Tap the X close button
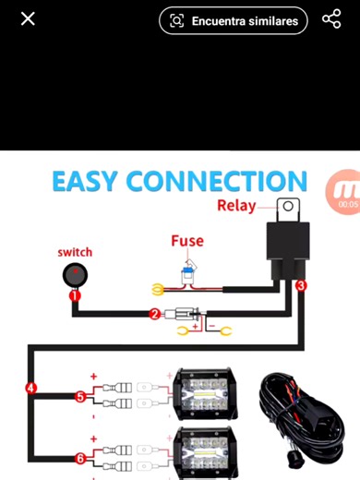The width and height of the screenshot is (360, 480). pyautogui.click(x=28, y=18)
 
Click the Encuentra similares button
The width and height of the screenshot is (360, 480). pyautogui.click(x=234, y=20)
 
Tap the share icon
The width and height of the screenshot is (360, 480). pyautogui.click(x=331, y=18)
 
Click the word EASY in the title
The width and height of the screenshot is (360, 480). pyautogui.click(x=85, y=181)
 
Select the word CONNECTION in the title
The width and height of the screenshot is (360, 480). pyautogui.click(x=217, y=181)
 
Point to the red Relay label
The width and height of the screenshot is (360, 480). pyautogui.click(x=236, y=206)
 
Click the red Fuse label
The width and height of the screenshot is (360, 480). pyautogui.click(x=187, y=241)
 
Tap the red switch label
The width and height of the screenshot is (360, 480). pyautogui.click(x=75, y=252)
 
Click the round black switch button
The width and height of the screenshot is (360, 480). pyautogui.click(x=75, y=275)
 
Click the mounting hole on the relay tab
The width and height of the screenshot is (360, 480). pyautogui.click(x=288, y=206)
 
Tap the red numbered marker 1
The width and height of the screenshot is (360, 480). pyautogui.click(x=75, y=296)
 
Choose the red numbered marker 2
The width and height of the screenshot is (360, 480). pyautogui.click(x=154, y=314)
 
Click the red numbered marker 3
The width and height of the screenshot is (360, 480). pyautogui.click(x=301, y=285)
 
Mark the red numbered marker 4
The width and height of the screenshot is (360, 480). pyautogui.click(x=30, y=388)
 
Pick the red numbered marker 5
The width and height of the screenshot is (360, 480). pyautogui.click(x=80, y=397)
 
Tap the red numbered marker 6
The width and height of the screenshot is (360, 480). pyautogui.click(x=80, y=459)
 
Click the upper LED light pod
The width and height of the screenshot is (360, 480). pyautogui.click(x=204, y=394)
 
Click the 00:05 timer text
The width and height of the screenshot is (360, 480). pyautogui.click(x=348, y=204)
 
